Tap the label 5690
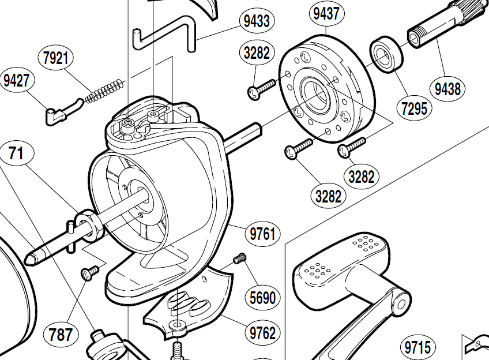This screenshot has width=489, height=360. point(262,297)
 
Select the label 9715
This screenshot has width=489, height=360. point(417,347)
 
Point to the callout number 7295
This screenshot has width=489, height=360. point(413,107)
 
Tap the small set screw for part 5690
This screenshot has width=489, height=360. point(239,258)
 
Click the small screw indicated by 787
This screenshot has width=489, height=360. point(90,273)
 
